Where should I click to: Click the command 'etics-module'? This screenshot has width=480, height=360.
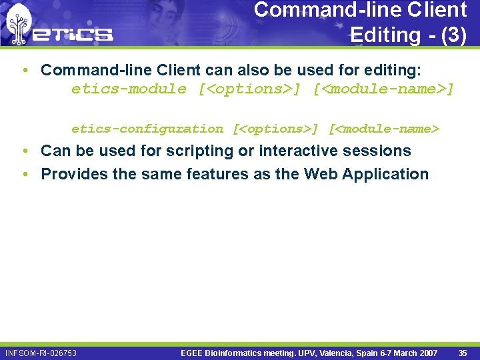[x=129, y=89]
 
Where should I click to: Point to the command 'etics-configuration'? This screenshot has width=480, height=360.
[x=147, y=129]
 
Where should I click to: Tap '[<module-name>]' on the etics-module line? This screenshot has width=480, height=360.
[x=383, y=89]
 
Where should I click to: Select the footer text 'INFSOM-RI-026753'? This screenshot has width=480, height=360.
[x=41, y=353]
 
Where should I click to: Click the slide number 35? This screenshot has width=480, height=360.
[x=463, y=353]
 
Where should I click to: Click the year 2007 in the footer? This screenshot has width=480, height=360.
[x=426, y=353]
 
